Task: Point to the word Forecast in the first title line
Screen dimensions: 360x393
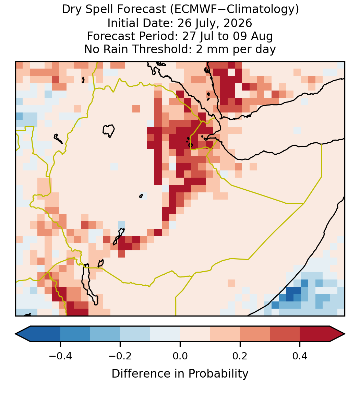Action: tap(141, 10)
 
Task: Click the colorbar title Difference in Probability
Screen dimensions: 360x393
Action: tap(180, 374)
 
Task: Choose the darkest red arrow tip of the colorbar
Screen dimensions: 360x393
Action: tap(337, 334)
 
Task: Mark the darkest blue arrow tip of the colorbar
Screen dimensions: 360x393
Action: tap(23, 334)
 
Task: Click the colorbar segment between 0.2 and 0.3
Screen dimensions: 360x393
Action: tap(255, 334)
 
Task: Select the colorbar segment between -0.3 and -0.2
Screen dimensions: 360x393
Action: tap(105, 334)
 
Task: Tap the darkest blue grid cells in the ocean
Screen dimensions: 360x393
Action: tap(293, 294)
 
